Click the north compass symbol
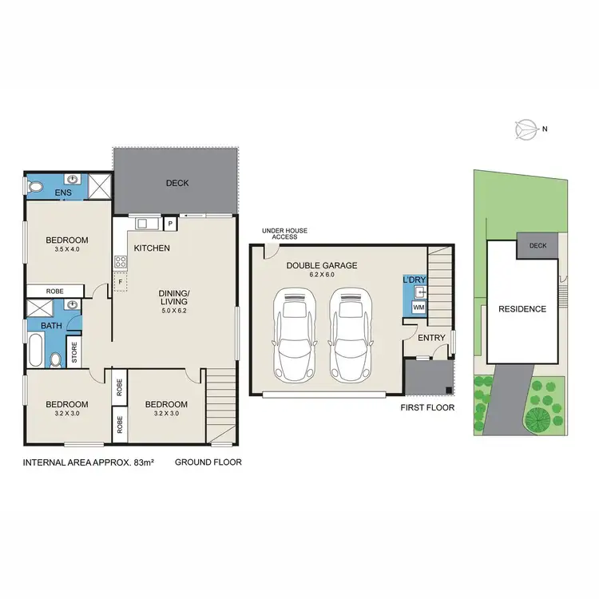528,128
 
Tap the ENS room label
63,193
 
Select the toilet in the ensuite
34,187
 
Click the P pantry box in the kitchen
170,224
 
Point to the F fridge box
120,281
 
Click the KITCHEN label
152,248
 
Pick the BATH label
40,326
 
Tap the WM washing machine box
419,307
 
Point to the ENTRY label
432,338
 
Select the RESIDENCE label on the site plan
522,309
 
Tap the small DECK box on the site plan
538,245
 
